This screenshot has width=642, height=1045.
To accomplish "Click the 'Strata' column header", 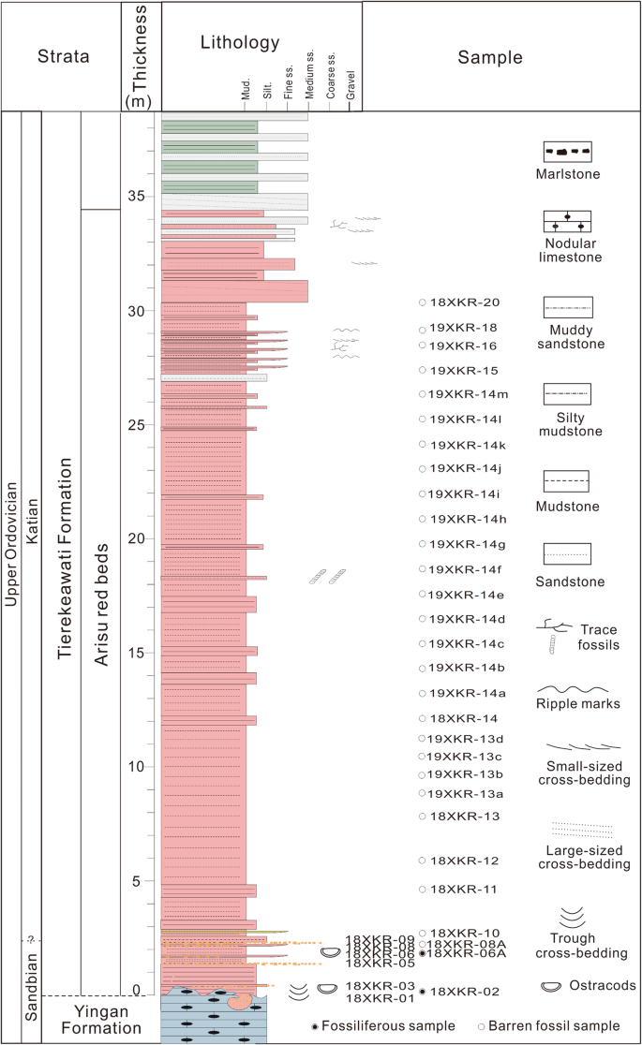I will point(62,56).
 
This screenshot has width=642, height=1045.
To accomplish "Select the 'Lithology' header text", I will point(240,42).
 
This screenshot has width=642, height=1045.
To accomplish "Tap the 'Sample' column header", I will point(490,57).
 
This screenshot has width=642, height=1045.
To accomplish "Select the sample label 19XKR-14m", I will point(469,394).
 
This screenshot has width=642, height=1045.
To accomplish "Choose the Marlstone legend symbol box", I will point(567,151).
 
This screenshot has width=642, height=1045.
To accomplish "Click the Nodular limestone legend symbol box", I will point(567,222).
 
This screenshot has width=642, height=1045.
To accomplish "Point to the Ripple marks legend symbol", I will point(569,688).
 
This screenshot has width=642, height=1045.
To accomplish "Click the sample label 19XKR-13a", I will point(465,793).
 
